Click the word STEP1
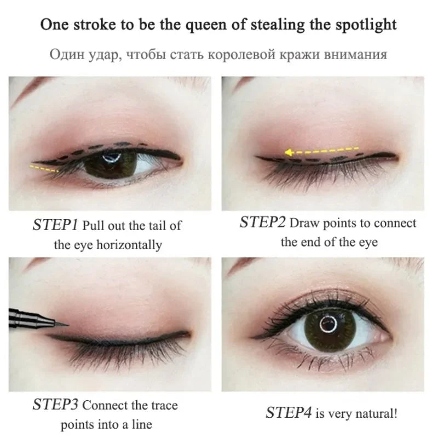click(x=56, y=226)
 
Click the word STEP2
click(x=262, y=222)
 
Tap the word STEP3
click(x=56, y=406)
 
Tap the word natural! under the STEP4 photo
click(x=373, y=412)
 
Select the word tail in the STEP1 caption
click(x=150, y=226)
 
